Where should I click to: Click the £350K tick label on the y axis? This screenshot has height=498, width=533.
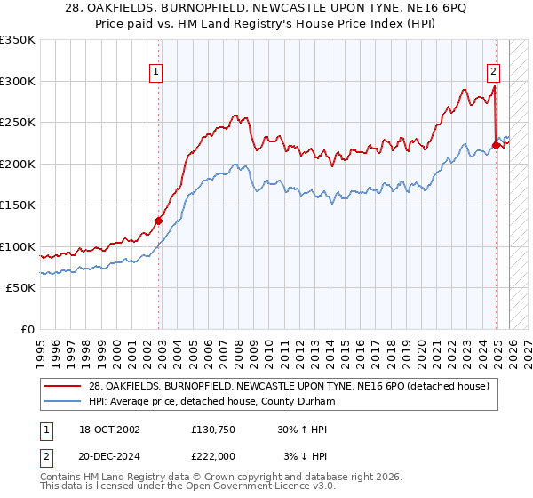click(x=18, y=40)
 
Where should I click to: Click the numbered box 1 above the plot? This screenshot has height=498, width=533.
click(x=155, y=72)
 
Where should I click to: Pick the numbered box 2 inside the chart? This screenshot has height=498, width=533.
click(x=492, y=72)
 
